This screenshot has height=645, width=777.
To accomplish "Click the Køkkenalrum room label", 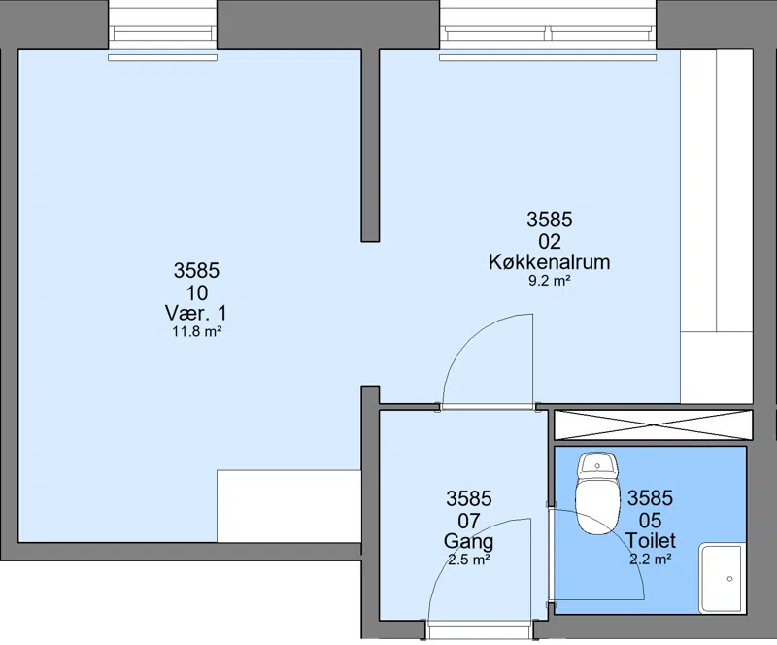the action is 549,261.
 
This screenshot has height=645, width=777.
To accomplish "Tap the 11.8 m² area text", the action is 196,331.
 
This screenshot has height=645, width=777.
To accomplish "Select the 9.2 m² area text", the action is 549,281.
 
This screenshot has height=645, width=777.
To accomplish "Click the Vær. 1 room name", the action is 196,313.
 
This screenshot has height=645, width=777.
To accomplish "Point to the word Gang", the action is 468,541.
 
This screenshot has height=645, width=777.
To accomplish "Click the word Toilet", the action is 650,540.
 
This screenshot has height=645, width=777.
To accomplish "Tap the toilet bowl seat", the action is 597,505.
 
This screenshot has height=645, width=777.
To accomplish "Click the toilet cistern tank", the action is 598,465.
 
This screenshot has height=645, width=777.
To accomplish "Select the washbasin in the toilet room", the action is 722,579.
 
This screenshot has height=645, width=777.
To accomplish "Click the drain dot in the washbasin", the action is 729,579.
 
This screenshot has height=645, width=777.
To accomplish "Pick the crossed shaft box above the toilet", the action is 653,424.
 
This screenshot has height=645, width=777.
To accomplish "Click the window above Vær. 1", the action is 162,31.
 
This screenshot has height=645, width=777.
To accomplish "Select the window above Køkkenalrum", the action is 548,31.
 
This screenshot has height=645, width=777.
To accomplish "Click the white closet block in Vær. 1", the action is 288,506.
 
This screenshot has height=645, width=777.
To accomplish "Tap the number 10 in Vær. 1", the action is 197,293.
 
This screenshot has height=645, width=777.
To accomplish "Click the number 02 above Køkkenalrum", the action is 550,242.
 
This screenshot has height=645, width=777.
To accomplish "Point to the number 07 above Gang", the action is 468,521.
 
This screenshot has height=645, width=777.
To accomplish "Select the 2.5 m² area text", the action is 469,560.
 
